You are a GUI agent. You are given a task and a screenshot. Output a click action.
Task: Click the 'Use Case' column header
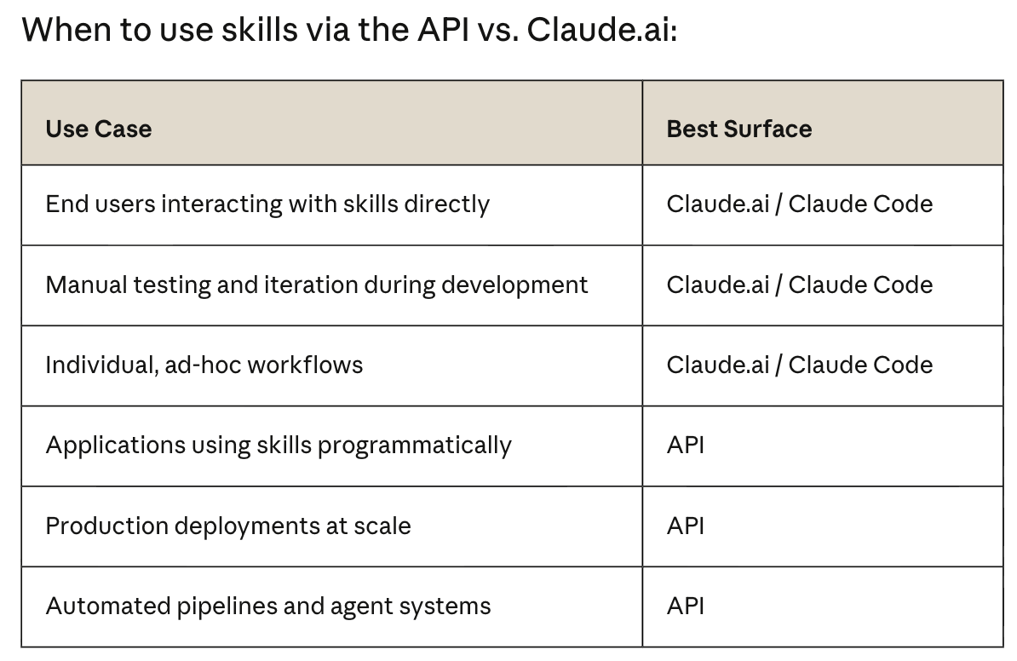[99, 129]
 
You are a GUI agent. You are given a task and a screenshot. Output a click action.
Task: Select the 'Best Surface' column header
[738, 129]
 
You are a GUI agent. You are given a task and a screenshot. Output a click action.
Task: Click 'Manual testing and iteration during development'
[317, 285]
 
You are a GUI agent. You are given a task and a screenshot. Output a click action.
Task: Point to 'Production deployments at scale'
[228, 526]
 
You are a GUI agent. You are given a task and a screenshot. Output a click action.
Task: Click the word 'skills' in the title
[260, 30]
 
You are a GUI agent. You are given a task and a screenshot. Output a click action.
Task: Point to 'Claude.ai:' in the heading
[602, 30]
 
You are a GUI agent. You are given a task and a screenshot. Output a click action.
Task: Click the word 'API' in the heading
[443, 30]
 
